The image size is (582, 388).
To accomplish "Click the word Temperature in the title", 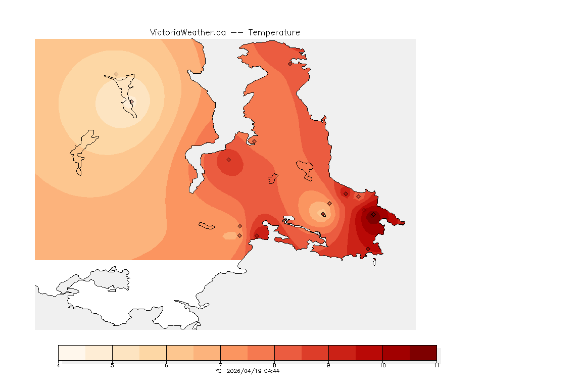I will pos(274,32).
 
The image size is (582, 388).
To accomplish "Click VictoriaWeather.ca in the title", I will pos(187,32).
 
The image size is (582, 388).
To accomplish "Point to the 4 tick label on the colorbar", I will pos(59,365).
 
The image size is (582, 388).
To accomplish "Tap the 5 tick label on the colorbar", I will pos(112,365).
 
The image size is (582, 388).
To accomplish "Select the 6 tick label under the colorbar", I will pos(166,365).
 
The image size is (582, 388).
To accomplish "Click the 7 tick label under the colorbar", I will pos(220,365).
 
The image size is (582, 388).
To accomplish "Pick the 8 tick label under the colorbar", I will pos(274,365).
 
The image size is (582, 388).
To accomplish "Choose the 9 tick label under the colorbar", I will pos(328,365).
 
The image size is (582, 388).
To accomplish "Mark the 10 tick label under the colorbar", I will pos(382,365).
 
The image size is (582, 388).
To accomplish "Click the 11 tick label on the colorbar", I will pos(436,365).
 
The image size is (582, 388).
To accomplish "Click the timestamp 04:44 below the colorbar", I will pos(271,371).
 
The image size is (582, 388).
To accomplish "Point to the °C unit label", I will pos(218,371).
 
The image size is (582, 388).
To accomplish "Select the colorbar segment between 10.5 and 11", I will pos(423,353).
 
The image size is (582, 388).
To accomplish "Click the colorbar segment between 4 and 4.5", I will pos(72,353).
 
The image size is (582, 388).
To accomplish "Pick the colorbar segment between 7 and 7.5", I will pos(234,353).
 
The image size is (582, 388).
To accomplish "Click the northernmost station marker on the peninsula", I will pos(290,64).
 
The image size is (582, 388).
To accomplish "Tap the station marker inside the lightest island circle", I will pos(131,102).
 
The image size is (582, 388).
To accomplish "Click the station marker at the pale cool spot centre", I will pos(323,214).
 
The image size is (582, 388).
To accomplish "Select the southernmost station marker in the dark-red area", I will pos(368,248).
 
